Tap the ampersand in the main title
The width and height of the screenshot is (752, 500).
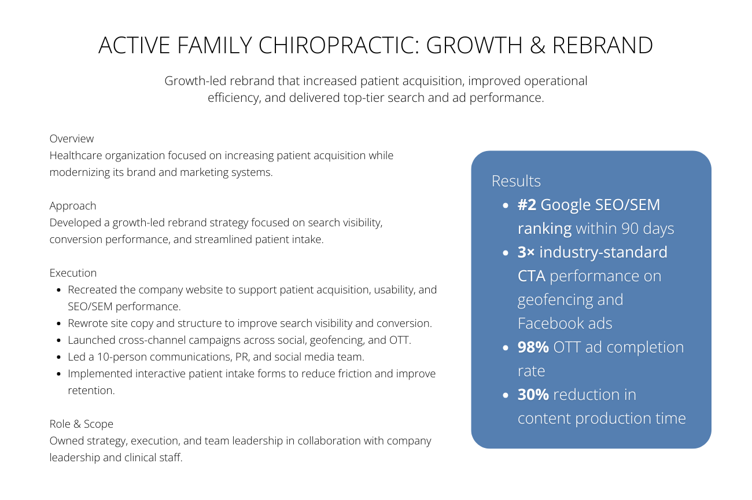point(537,46)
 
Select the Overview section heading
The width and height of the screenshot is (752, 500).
point(72,139)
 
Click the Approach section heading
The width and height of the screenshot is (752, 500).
point(73,206)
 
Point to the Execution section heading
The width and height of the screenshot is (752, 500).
point(73,273)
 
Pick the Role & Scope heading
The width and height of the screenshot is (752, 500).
point(81,424)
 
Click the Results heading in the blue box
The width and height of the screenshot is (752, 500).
point(516,181)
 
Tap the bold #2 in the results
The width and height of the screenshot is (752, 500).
point(527,205)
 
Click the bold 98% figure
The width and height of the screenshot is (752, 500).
point(533,347)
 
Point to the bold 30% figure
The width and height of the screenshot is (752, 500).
point(533,395)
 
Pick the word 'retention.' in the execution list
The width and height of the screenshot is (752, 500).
point(91,391)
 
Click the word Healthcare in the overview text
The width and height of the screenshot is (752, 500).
point(78,156)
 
